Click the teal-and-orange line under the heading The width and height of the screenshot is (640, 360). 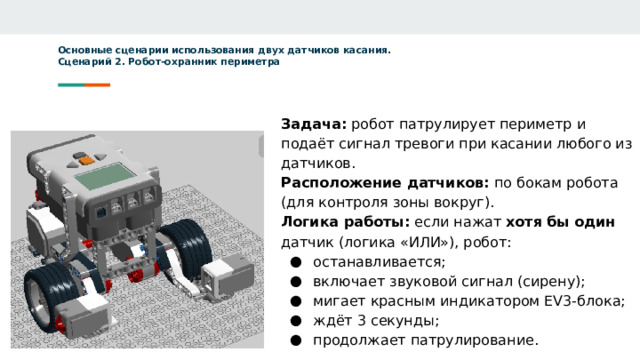(84, 84)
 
